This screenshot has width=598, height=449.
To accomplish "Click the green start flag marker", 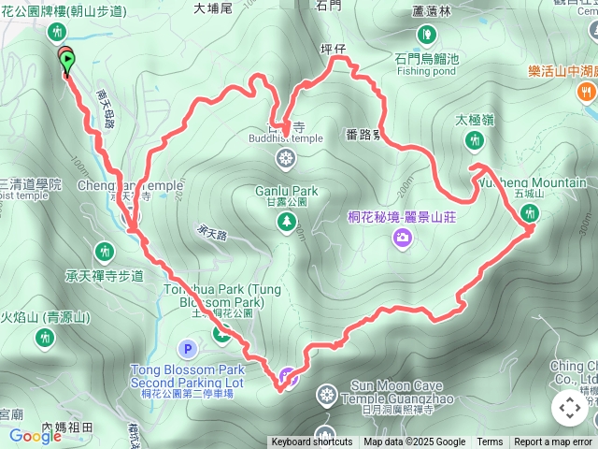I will tap(67, 63).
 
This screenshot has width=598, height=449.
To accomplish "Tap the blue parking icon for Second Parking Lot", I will tap(188, 351).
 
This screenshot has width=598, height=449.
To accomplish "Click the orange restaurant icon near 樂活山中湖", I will tap(586, 92).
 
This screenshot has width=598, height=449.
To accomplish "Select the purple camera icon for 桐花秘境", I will tap(402, 239).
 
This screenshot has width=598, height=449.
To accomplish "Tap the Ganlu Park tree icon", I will tap(286, 222).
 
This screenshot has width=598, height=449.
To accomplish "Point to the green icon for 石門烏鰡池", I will tap(427, 36).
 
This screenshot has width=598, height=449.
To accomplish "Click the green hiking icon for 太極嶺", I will tap(475, 140).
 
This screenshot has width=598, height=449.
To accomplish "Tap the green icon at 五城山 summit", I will tap(531, 214).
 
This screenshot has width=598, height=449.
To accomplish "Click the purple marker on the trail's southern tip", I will tap(290, 378).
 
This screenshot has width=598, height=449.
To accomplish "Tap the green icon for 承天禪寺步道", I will tap(105, 251).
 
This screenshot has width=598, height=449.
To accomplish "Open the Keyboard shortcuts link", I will tap(312, 442).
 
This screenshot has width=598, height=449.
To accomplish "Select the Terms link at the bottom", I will tap(490, 442).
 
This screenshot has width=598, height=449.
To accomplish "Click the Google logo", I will tap(36, 436).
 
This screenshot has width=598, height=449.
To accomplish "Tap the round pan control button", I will tap(569, 408).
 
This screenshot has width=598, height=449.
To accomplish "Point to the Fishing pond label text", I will tap(427, 70).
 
